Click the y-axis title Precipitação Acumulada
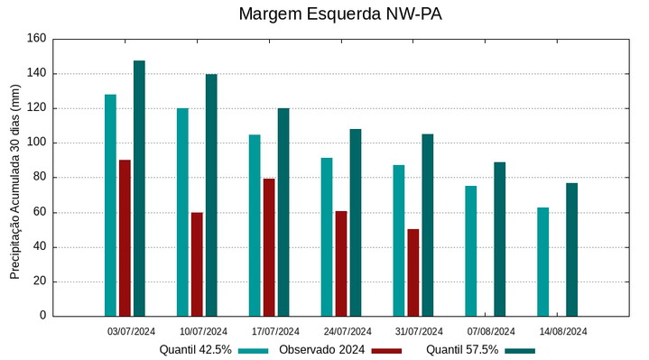point(14,180)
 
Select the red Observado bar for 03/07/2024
point(125,238)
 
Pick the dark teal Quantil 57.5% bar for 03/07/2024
point(139,189)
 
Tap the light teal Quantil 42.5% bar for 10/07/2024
point(182,212)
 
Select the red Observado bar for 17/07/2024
point(269,247)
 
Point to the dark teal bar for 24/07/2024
point(356,223)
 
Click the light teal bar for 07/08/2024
point(470,251)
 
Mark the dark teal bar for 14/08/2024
point(571,250)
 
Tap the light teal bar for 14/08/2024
point(542,262)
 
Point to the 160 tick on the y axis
point(36,39)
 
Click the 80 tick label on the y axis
point(39,178)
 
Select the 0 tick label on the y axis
point(42,316)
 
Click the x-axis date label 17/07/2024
point(275,331)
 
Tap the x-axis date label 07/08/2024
point(492,331)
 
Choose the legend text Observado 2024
point(321,349)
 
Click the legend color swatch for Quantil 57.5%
point(520,350)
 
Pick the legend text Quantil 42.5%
point(196,349)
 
